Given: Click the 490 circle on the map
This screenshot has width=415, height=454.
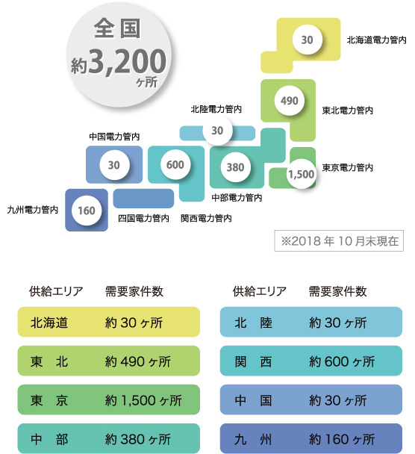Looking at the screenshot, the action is point(290,101).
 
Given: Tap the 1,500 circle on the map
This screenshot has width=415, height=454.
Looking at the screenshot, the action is point(302,174).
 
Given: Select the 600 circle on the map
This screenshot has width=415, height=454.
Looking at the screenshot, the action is point(175,165).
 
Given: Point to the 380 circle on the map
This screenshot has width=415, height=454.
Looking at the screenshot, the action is point(235,167).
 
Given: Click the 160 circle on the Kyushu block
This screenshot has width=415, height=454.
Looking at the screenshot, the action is point(87,211).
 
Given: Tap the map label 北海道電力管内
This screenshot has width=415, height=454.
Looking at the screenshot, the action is point(376,40).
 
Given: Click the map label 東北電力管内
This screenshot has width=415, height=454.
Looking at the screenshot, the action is point(348,111).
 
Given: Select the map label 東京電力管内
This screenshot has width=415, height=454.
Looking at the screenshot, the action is point(348,168).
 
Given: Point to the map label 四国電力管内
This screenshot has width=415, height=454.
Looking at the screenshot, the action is point(143,218).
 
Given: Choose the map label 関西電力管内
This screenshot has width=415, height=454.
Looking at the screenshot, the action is point(206,218).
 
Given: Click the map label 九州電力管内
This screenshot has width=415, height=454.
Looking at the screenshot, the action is point(33,210).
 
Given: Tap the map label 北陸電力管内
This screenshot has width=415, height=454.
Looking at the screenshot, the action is point(216,109).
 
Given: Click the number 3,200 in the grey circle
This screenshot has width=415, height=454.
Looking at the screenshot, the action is point(128,61).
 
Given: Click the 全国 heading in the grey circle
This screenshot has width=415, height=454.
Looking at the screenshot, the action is point(117,28).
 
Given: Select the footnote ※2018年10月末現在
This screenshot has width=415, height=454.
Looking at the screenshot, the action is point(339,241).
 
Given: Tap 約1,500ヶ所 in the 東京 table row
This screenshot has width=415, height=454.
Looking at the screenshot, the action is point(143,400).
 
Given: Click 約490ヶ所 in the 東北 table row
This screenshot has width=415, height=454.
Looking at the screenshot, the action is point(138,361).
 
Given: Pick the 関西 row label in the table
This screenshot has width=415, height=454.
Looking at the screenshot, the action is point(253,361).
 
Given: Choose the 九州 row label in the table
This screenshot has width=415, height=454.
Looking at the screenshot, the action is point(253,439).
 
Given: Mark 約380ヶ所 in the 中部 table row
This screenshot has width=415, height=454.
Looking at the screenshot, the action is point(138,439).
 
